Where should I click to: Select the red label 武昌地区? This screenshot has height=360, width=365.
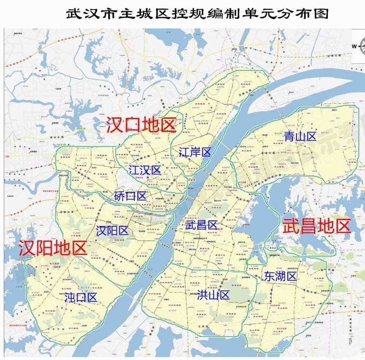click(316, 226)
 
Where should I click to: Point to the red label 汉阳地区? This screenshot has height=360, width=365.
click(53, 248)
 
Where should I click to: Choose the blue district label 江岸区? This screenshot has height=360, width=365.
click(195, 153)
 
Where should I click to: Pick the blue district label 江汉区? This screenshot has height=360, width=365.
click(145, 170)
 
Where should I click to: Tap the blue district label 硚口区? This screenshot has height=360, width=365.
click(130, 196)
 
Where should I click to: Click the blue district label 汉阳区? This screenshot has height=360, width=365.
click(112, 230)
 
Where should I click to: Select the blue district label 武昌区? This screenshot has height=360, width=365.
click(201, 225)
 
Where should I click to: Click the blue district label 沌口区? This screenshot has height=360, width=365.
click(81, 298)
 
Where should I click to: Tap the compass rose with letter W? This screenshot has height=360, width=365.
click(359, 46)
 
